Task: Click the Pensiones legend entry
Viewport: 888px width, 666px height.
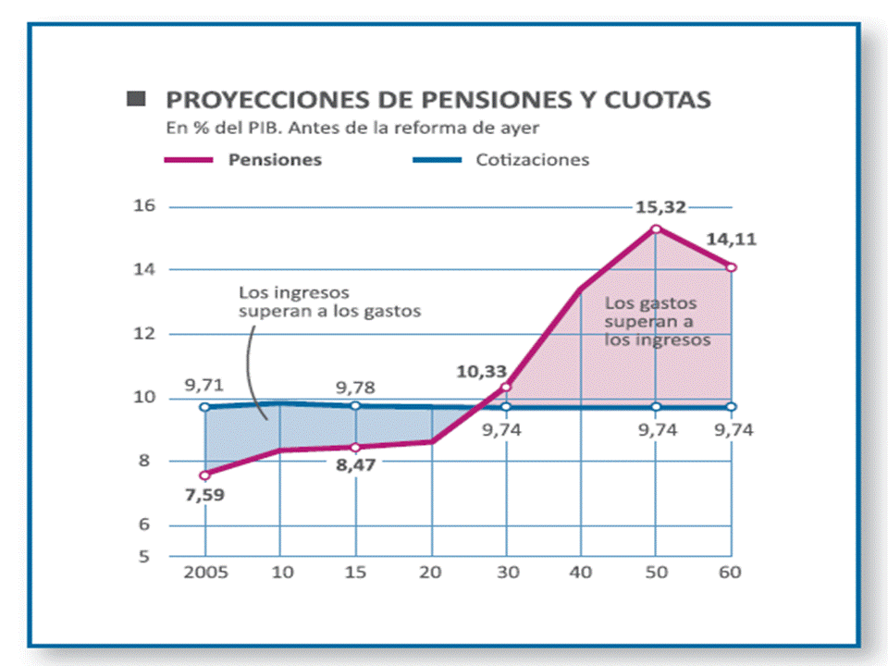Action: coord(275,159)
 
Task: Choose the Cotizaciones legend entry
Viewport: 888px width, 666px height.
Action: coord(532,159)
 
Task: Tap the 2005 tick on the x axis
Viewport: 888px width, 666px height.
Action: coord(204,572)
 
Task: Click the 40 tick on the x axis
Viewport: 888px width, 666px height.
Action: coord(580,572)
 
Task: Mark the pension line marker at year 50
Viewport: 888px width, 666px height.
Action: coord(656,228)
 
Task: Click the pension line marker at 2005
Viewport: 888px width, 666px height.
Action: coord(204,475)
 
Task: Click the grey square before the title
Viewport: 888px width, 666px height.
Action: coord(136,98)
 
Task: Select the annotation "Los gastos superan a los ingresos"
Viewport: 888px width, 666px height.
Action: coord(657,321)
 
